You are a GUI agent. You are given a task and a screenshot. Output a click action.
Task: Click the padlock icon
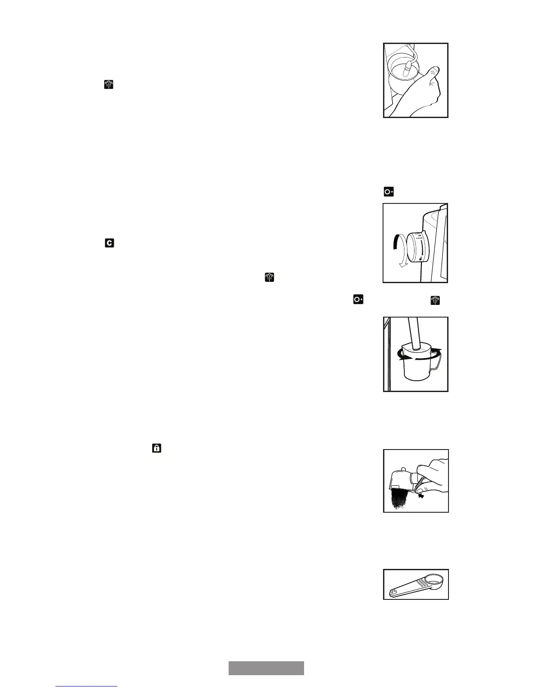tap(157, 448)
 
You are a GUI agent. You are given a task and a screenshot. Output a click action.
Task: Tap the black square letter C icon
tap(109, 243)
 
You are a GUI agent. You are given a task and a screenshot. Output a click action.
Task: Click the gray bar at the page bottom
tap(266, 668)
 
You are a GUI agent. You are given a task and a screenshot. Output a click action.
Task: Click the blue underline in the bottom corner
tap(86, 687)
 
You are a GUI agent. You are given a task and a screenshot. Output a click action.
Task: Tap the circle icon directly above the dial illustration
tap(388, 192)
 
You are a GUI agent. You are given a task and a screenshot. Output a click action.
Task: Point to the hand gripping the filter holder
tap(430, 473)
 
